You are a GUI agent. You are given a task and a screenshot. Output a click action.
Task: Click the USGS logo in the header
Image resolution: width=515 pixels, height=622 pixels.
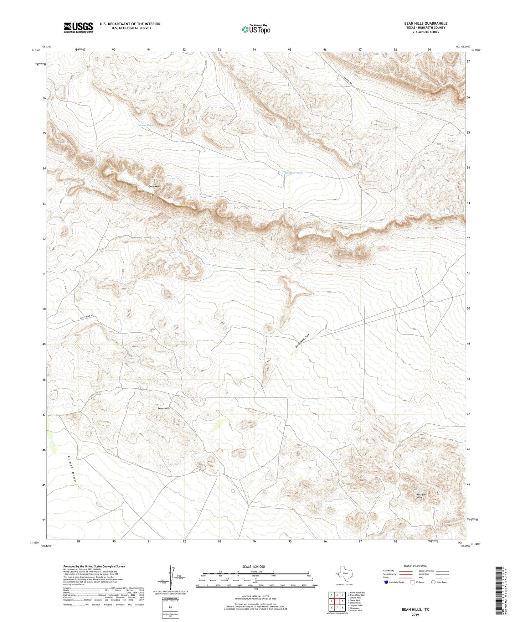pyautogui.click(x=78, y=27)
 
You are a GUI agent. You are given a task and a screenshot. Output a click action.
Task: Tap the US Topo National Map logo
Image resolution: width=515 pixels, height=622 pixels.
pyautogui.click(x=256, y=29)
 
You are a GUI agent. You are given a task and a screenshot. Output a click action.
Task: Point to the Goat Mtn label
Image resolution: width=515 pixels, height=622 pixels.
pyautogui.click(x=154, y=186)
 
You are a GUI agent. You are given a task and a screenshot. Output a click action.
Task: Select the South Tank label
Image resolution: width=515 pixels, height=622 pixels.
pyautogui.click(x=146, y=125)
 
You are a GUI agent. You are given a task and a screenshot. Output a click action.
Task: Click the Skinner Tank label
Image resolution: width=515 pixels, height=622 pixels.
pyautogui.click(x=294, y=173)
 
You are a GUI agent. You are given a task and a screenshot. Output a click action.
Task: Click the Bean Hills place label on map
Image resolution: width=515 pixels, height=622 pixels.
pyautogui.click(x=164, y=408)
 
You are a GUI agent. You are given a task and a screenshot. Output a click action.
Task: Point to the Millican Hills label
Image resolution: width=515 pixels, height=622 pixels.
pyautogui.click(x=421, y=496)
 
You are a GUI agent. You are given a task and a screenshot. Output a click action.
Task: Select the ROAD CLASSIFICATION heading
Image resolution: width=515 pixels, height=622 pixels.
pyautogui.click(x=415, y=566)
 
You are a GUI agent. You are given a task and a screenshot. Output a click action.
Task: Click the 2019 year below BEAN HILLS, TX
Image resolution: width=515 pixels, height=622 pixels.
pyautogui.click(x=415, y=615)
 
